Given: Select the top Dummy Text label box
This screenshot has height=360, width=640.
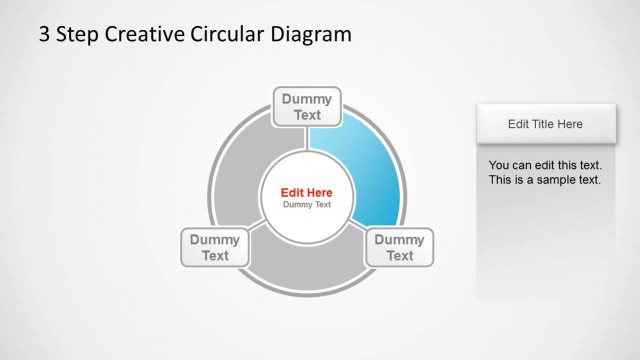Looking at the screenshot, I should [307, 106].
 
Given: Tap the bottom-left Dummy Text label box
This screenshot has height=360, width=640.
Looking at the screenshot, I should [215, 247].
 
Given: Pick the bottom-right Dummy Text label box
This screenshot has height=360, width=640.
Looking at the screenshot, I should [399, 247].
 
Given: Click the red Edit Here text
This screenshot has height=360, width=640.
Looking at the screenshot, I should [307, 192].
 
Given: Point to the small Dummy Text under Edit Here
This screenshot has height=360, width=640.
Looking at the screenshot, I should [307, 205].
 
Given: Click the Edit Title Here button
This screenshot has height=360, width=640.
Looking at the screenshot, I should [545, 124].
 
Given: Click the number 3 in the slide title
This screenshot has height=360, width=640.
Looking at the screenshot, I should [44, 35].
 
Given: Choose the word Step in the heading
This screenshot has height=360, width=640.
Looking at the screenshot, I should [76, 35].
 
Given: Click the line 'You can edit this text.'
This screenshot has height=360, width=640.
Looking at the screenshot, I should [545, 164].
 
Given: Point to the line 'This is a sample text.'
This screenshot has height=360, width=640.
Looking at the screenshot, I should [544, 180].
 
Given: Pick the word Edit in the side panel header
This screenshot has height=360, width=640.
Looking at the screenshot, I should [518, 124].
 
